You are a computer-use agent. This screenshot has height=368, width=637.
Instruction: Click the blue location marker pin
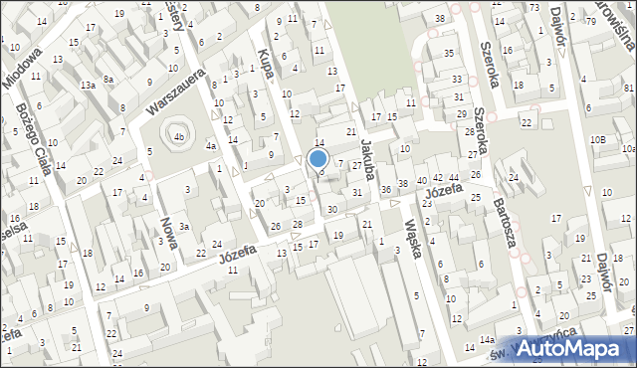318,158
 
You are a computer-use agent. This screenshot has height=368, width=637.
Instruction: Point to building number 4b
179,136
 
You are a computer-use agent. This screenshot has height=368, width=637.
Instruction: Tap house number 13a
89,86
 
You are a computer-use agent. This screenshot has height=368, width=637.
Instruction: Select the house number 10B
597,140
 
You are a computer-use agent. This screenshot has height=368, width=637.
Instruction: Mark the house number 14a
487,340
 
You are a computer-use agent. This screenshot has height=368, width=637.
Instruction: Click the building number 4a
211,146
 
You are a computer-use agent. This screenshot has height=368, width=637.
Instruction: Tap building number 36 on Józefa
386,189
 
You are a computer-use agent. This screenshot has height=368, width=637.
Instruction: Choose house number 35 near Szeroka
449,53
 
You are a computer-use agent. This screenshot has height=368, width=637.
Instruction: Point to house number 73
534,7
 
